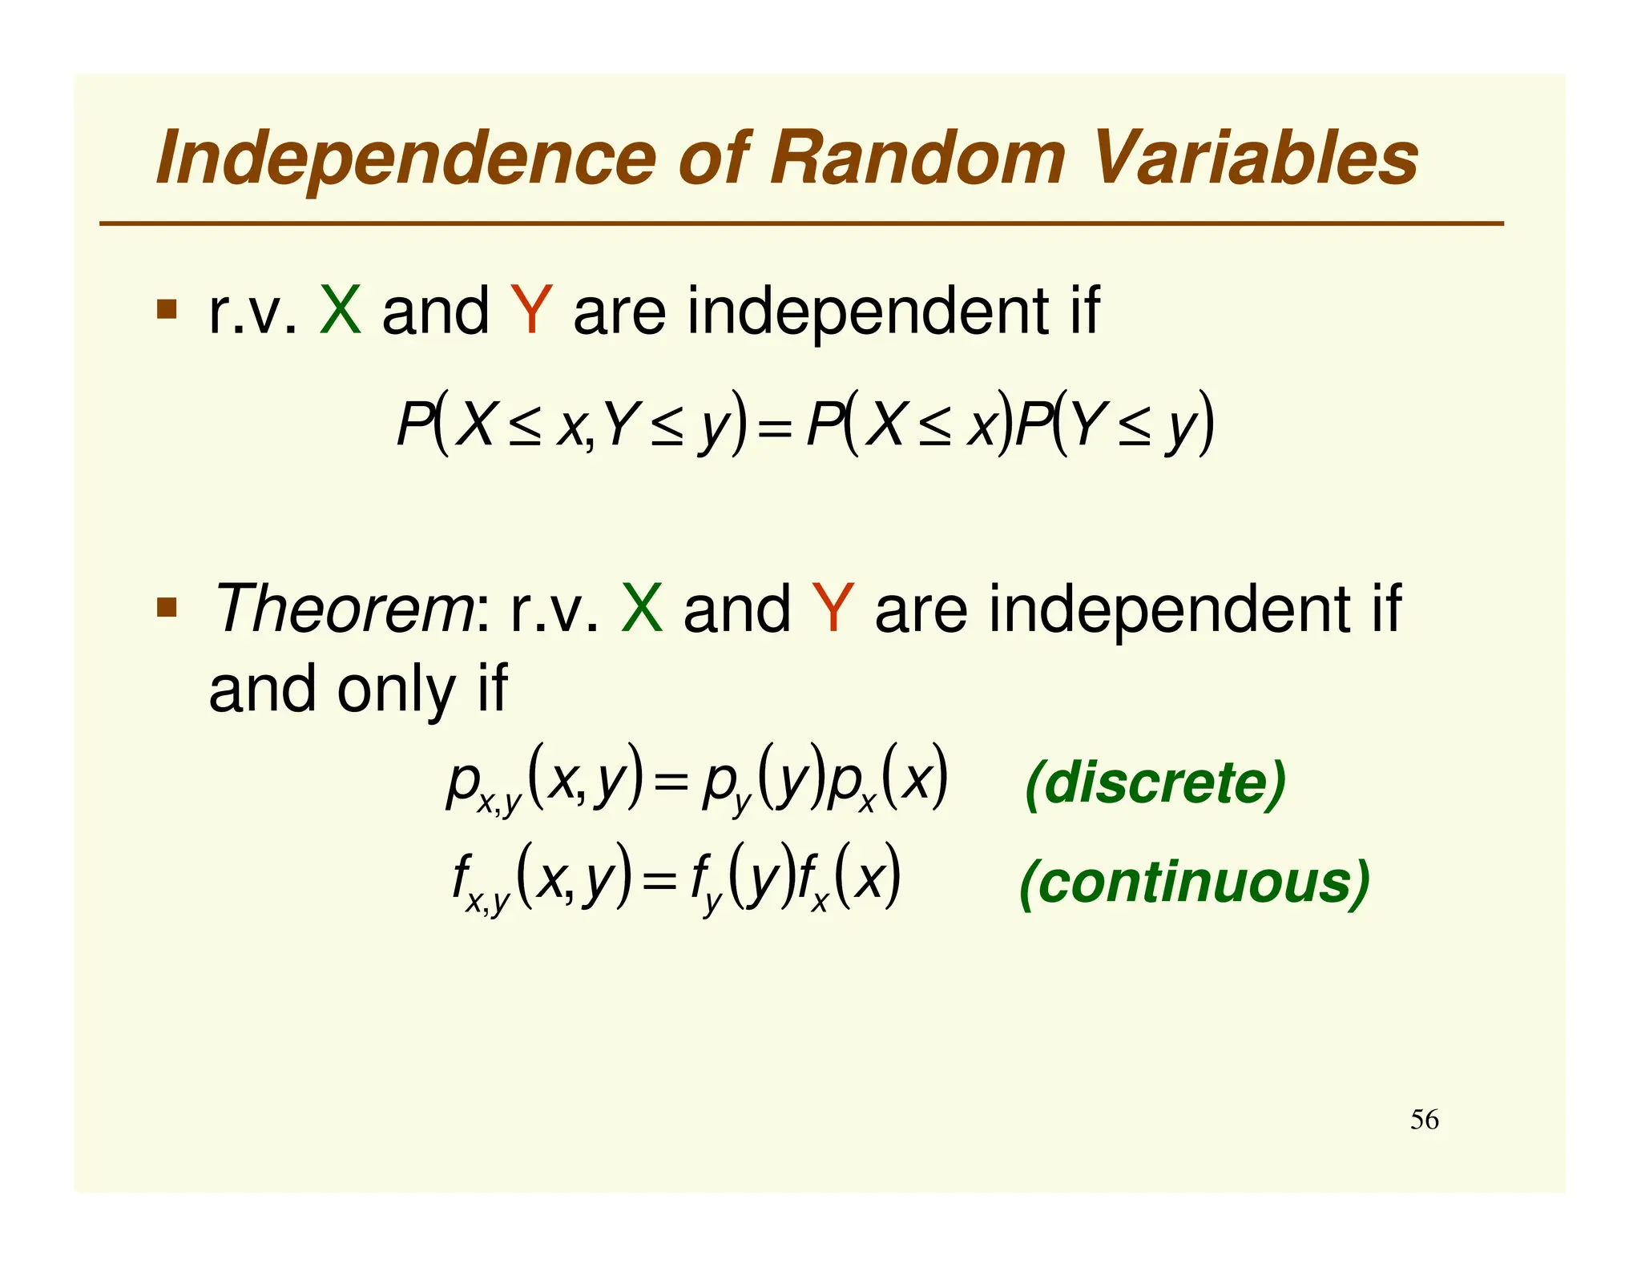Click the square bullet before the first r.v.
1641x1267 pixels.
[167, 309]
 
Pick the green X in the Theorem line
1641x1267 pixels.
[642, 609]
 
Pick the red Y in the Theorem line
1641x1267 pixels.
[833, 609]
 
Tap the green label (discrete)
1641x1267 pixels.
[1155, 783]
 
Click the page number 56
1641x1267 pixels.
[1424, 1120]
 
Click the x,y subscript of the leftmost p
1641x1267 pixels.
[499, 802]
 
